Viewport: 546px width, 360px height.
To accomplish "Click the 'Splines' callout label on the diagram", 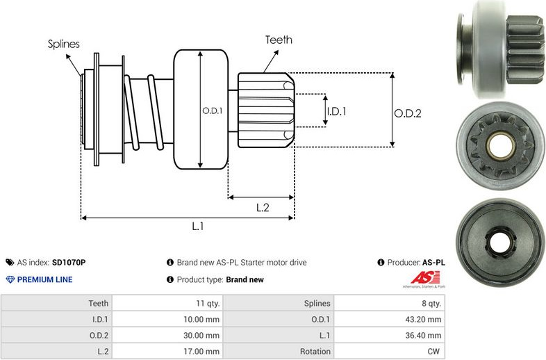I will tap(63, 44).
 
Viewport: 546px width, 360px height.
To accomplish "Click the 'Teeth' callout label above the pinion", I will tap(279, 40).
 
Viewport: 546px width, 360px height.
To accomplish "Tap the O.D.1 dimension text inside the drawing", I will tap(212, 111).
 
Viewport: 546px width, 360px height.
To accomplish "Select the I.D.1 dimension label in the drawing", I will tap(337, 111).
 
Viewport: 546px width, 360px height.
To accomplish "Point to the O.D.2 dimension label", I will tap(408, 113).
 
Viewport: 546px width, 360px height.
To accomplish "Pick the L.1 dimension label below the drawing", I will tap(197, 226).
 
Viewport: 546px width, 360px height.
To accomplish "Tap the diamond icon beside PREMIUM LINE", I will tap(10, 279).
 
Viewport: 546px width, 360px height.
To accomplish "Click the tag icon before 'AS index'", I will tap(10, 263).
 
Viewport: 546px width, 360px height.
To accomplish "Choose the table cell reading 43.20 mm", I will tap(425, 319).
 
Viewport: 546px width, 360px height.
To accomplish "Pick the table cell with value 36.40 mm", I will tap(425, 336).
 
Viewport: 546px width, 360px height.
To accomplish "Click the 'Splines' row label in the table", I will tap(313, 303).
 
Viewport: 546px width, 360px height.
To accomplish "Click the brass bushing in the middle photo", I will tap(500, 145).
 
